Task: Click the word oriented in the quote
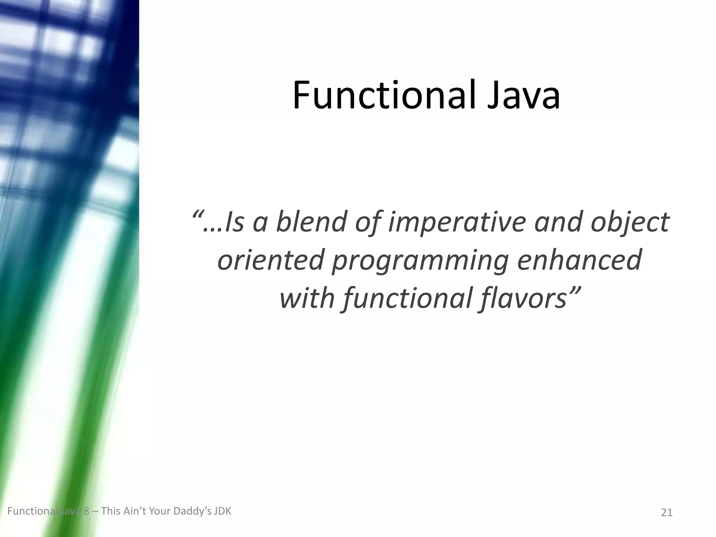tap(270, 260)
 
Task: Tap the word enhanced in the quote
tap(579, 260)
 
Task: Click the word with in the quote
tap(307, 298)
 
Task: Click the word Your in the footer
tap(160, 511)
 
